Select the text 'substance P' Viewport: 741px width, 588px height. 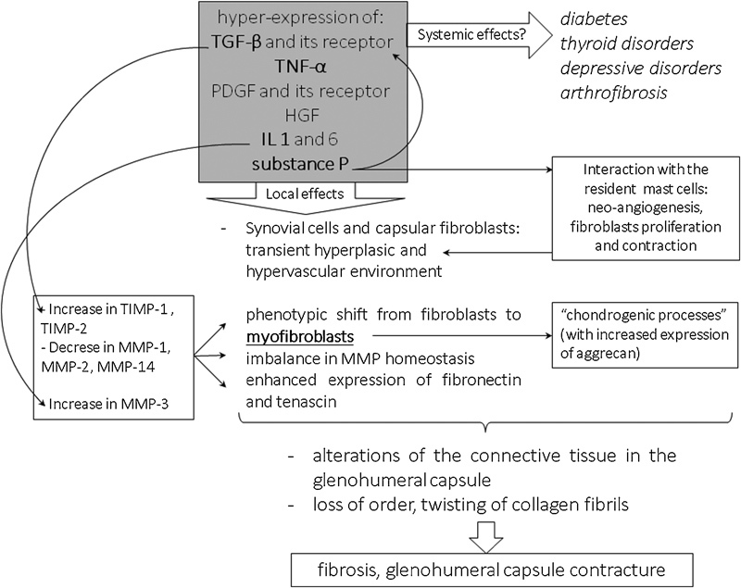pyautogui.click(x=297, y=168)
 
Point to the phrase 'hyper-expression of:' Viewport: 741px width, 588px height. pyautogui.click(x=297, y=17)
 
